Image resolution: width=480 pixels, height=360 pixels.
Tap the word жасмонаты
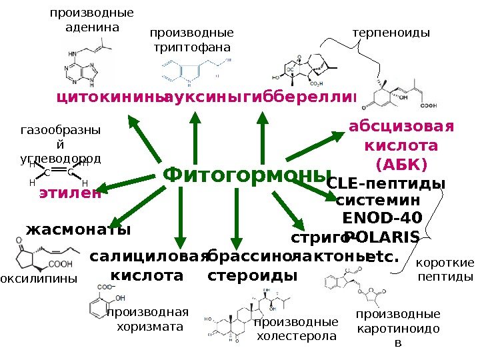coord(78,230)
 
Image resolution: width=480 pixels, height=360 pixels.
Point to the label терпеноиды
coord(391,32)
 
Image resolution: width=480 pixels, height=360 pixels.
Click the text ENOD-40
coord(381,217)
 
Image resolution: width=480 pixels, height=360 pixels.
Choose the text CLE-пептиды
coord(387,183)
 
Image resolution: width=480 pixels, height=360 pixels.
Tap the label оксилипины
coord(39,277)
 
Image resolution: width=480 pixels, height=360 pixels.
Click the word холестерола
coord(296,337)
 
